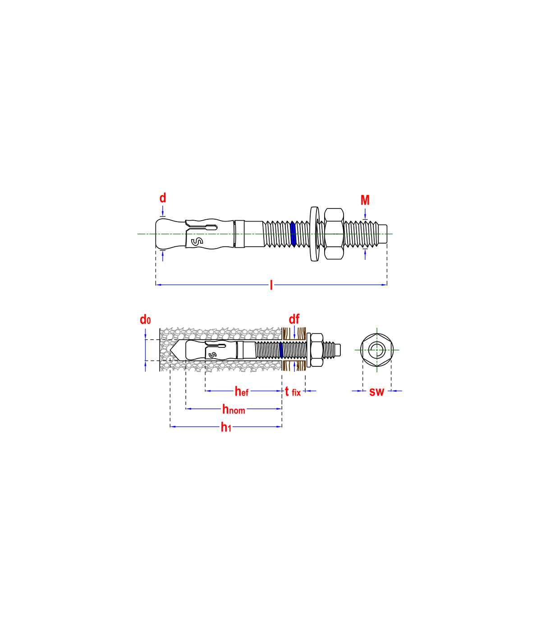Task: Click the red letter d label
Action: [x=163, y=198]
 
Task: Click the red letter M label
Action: [x=365, y=200]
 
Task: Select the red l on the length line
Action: [x=271, y=285]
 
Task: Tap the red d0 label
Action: [x=145, y=320]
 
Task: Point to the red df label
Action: [x=294, y=319]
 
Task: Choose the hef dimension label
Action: [x=242, y=391]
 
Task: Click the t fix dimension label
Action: [x=293, y=392]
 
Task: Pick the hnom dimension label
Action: [x=234, y=409]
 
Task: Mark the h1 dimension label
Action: [x=226, y=427]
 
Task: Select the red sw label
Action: [x=377, y=392]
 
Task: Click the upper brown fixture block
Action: [x=294, y=334]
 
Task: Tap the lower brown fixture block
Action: [x=294, y=365]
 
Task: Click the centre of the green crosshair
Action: [x=377, y=350]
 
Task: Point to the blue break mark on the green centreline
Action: [x=293, y=234]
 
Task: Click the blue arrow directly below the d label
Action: [x=163, y=211]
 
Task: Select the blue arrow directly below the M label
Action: [x=365, y=213]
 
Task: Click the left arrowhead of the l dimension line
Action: [x=158, y=285]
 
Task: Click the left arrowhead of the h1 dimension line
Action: [x=172, y=427]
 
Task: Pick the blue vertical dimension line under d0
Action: [x=145, y=350]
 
